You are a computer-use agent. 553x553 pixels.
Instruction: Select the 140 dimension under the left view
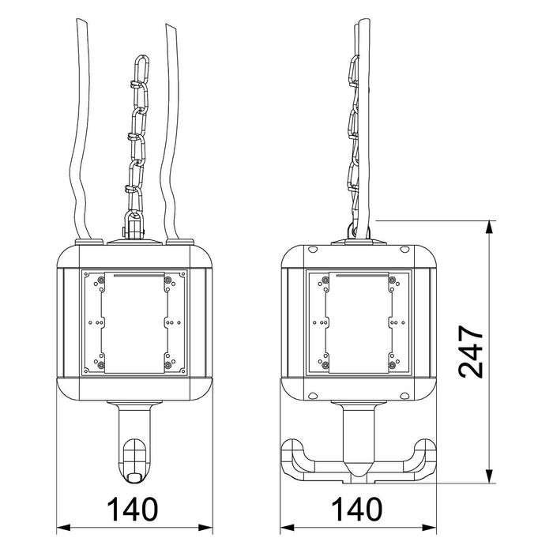[x=134, y=508]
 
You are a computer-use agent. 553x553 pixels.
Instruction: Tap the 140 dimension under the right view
[x=359, y=508]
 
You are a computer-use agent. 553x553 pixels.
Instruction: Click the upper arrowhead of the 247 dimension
[x=491, y=225]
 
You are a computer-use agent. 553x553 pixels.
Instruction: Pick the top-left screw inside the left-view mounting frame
[x=100, y=280]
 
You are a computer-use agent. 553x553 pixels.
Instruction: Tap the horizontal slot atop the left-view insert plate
[x=134, y=276]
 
